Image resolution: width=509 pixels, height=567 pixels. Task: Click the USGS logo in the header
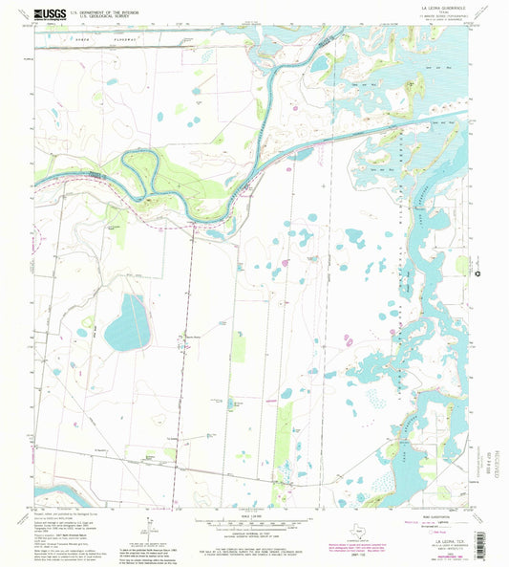pyautogui.click(x=48, y=12)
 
